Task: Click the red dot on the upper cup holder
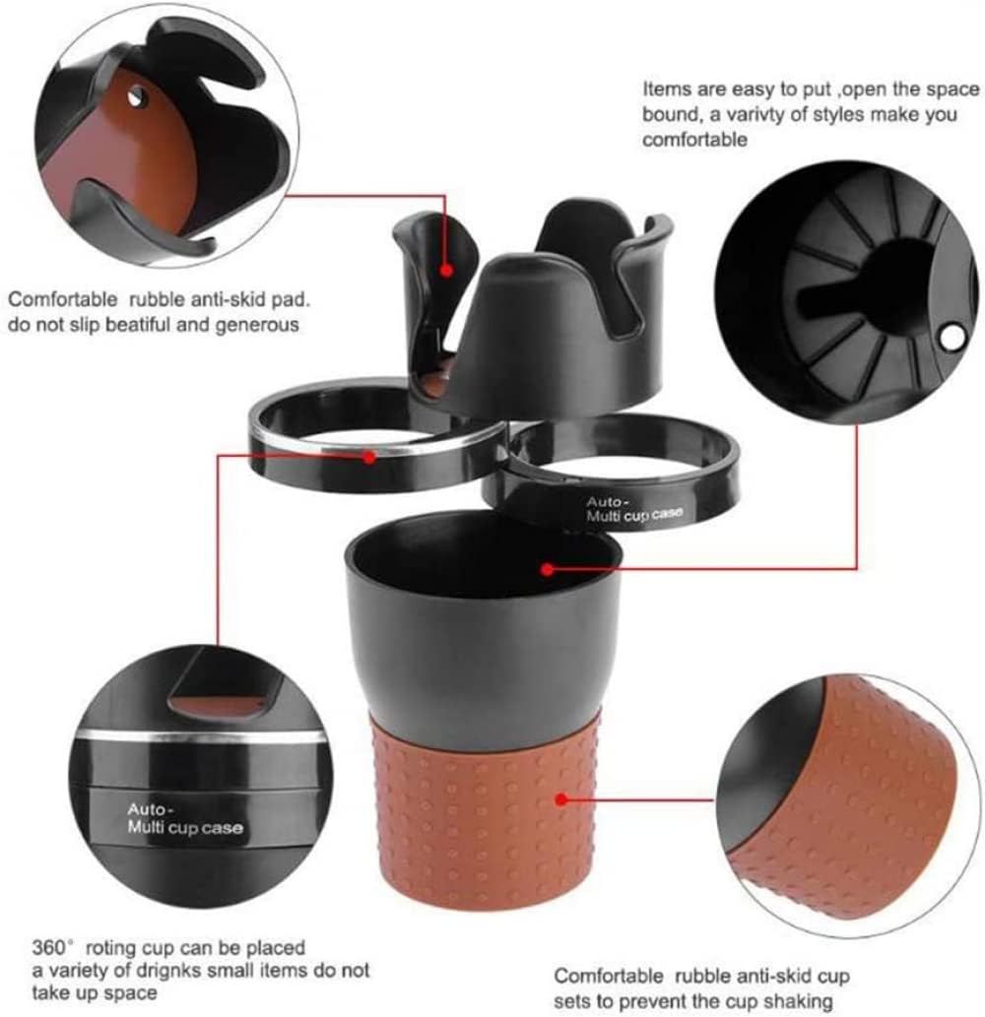(x=446, y=268)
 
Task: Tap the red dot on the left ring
(x=368, y=456)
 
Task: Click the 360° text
(x=54, y=949)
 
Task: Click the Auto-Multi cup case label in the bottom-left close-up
(x=184, y=819)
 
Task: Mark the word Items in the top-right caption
(x=663, y=89)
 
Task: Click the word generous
(x=264, y=323)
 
